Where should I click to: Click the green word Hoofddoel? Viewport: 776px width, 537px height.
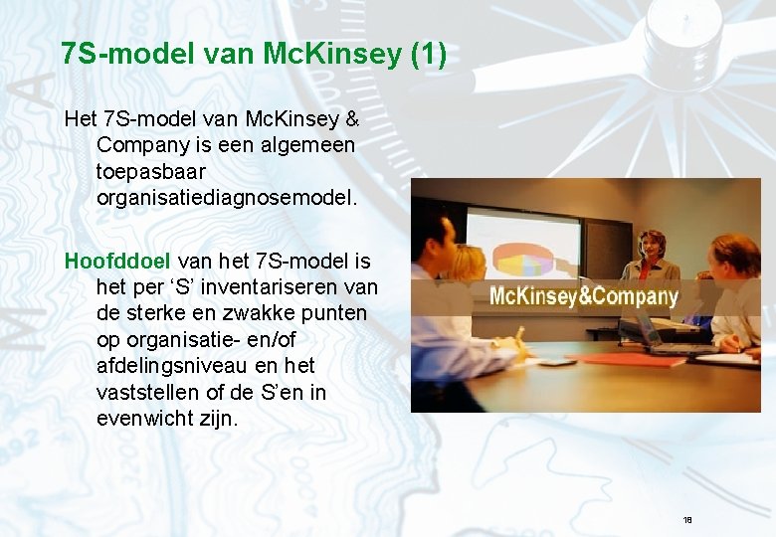pos(107,262)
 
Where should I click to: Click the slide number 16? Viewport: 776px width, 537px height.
pos(687,520)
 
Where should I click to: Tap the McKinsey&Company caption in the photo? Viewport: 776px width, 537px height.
pos(584,295)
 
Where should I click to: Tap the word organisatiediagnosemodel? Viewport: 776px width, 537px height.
pos(226,197)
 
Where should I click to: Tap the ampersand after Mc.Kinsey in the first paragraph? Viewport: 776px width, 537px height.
pos(351,119)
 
